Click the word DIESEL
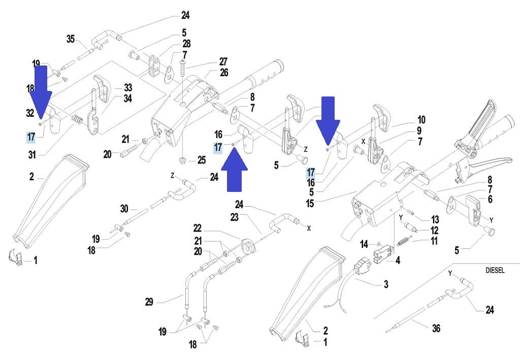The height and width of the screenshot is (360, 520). point(495,271)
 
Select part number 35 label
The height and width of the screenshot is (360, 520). point(71,39)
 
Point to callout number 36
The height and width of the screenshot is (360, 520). point(436,329)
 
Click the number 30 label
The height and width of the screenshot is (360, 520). point(125,208)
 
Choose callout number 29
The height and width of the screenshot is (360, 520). point(149,302)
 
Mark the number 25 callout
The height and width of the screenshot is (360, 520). point(202,161)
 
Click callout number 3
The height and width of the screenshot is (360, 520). point(386,284)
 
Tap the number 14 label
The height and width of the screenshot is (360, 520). point(364,245)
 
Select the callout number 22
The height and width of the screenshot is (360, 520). point(198,228)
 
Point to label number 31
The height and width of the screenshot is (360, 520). point(31,154)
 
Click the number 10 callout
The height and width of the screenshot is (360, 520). point(421,120)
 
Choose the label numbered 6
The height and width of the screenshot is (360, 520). point(490,200)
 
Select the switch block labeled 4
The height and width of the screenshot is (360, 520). point(381,254)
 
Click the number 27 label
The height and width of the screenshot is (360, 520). point(223,61)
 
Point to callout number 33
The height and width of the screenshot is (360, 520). point(127,87)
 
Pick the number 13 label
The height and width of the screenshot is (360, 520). point(435,219)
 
